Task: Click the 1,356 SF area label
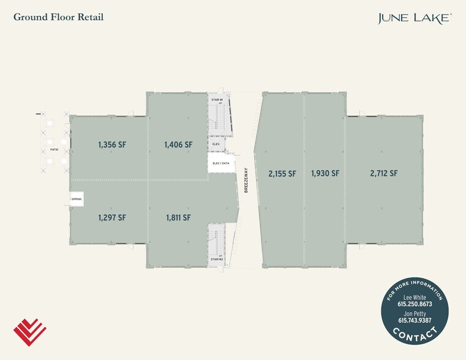click(x=112, y=144)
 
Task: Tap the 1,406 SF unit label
click(x=178, y=144)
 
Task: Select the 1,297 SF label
click(x=112, y=218)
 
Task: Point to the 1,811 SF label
click(x=178, y=218)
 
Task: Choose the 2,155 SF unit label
click(x=282, y=173)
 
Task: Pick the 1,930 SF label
click(x=325, y=173)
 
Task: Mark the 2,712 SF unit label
click(x=384, y=173)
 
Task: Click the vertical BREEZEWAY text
click(x=246, y=180)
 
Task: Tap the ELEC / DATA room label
click(x=221, y=163)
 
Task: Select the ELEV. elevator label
click(x=216, y=144)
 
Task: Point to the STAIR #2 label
click(x=217, y=260)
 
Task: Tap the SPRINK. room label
click(x=77, y=199)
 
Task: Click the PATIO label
click(x=54, y=150)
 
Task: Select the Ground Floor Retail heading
click(x=59, y=17)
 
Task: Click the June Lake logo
click(x=415, y=18)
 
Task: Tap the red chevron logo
click(x=30, y=332)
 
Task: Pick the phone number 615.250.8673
click(x=415, y=304)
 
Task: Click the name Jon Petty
click(x=415, y=313)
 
